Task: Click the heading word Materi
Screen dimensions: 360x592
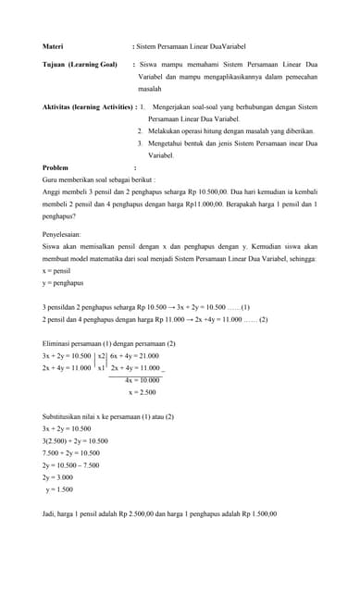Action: tap(53, 44)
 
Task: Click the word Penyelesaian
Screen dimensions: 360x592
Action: tap(66, 235)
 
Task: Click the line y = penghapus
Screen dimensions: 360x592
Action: tap(63, 283)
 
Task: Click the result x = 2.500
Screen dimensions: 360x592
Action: tap(142, 392)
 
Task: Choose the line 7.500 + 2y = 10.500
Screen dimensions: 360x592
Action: tap(72, 453)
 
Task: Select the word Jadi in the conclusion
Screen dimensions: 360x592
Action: tap(50, 513)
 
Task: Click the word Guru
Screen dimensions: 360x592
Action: tap(52, 179)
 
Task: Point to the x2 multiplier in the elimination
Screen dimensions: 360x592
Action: tap(101, 355)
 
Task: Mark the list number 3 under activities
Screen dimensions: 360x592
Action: tap(139, 144)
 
